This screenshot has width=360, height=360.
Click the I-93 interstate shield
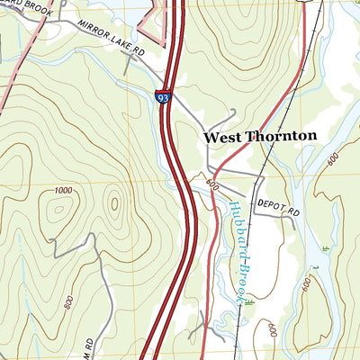[x=163, y=95]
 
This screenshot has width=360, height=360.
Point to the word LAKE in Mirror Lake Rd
[x=123, y=44]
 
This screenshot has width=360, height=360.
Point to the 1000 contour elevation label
[x=63, y=190]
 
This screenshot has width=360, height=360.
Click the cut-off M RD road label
[x=89, y=344]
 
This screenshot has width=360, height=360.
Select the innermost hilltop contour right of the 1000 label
[x=114, y=202]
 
